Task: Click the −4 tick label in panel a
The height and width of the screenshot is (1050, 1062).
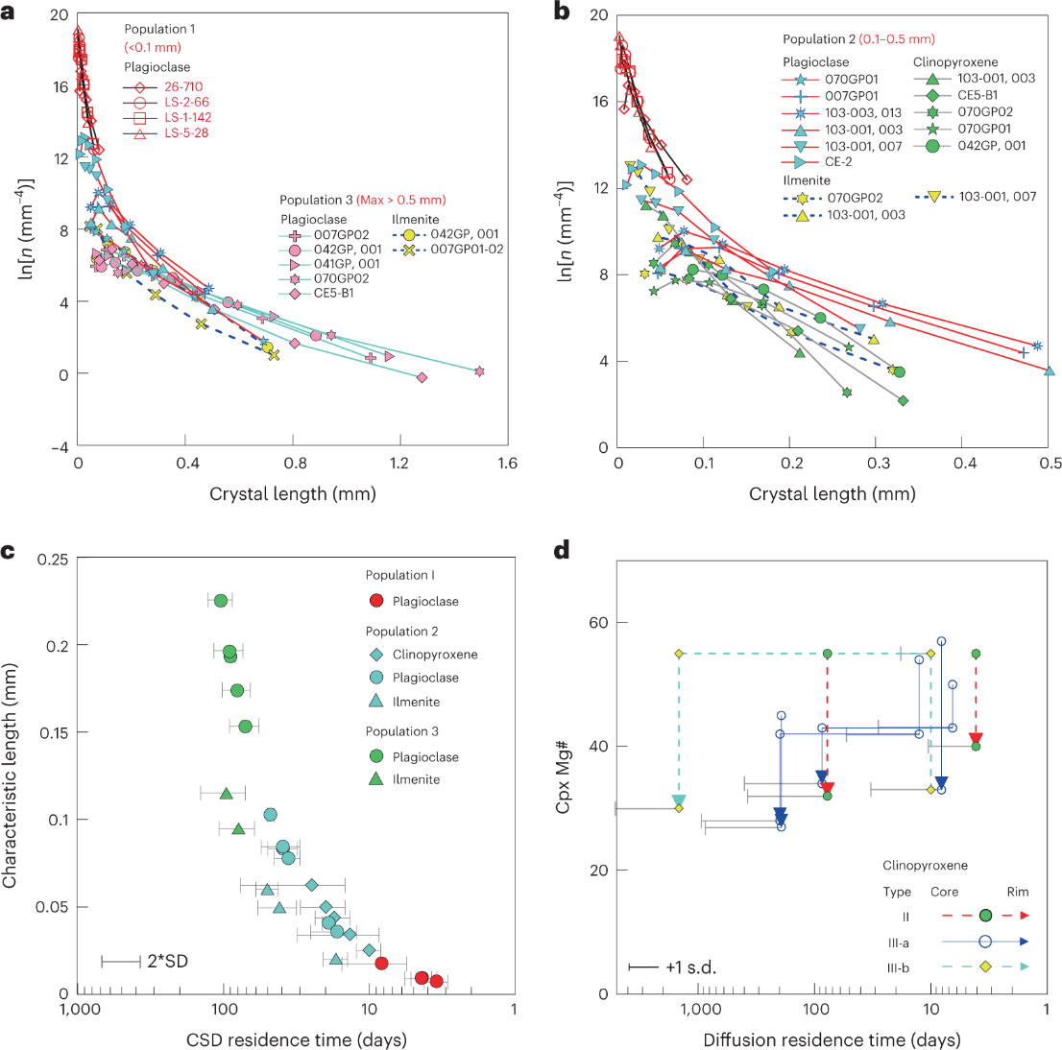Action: tap(60, 446)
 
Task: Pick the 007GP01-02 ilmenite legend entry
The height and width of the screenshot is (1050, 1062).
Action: tap(467, 250)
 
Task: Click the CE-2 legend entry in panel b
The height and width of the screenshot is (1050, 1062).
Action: tap(838, 161)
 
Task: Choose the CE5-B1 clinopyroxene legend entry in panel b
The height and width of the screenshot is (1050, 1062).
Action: tap(978, 95)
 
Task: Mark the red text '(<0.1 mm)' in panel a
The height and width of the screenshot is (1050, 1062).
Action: tap(153, 47)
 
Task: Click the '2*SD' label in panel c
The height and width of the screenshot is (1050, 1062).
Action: tap(167, 961)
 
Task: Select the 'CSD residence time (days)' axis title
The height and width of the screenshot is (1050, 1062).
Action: tap(296, 1039)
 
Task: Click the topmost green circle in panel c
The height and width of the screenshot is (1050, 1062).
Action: tap(220, 601)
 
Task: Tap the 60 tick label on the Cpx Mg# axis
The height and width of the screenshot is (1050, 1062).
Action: tap(597, 622)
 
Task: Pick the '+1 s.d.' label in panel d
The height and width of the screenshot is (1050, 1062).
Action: tap(689, 966)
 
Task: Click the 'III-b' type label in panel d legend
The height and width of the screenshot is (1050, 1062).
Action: tap(898, 967)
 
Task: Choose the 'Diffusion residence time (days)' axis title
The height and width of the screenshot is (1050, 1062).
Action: tap(832, 1039)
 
